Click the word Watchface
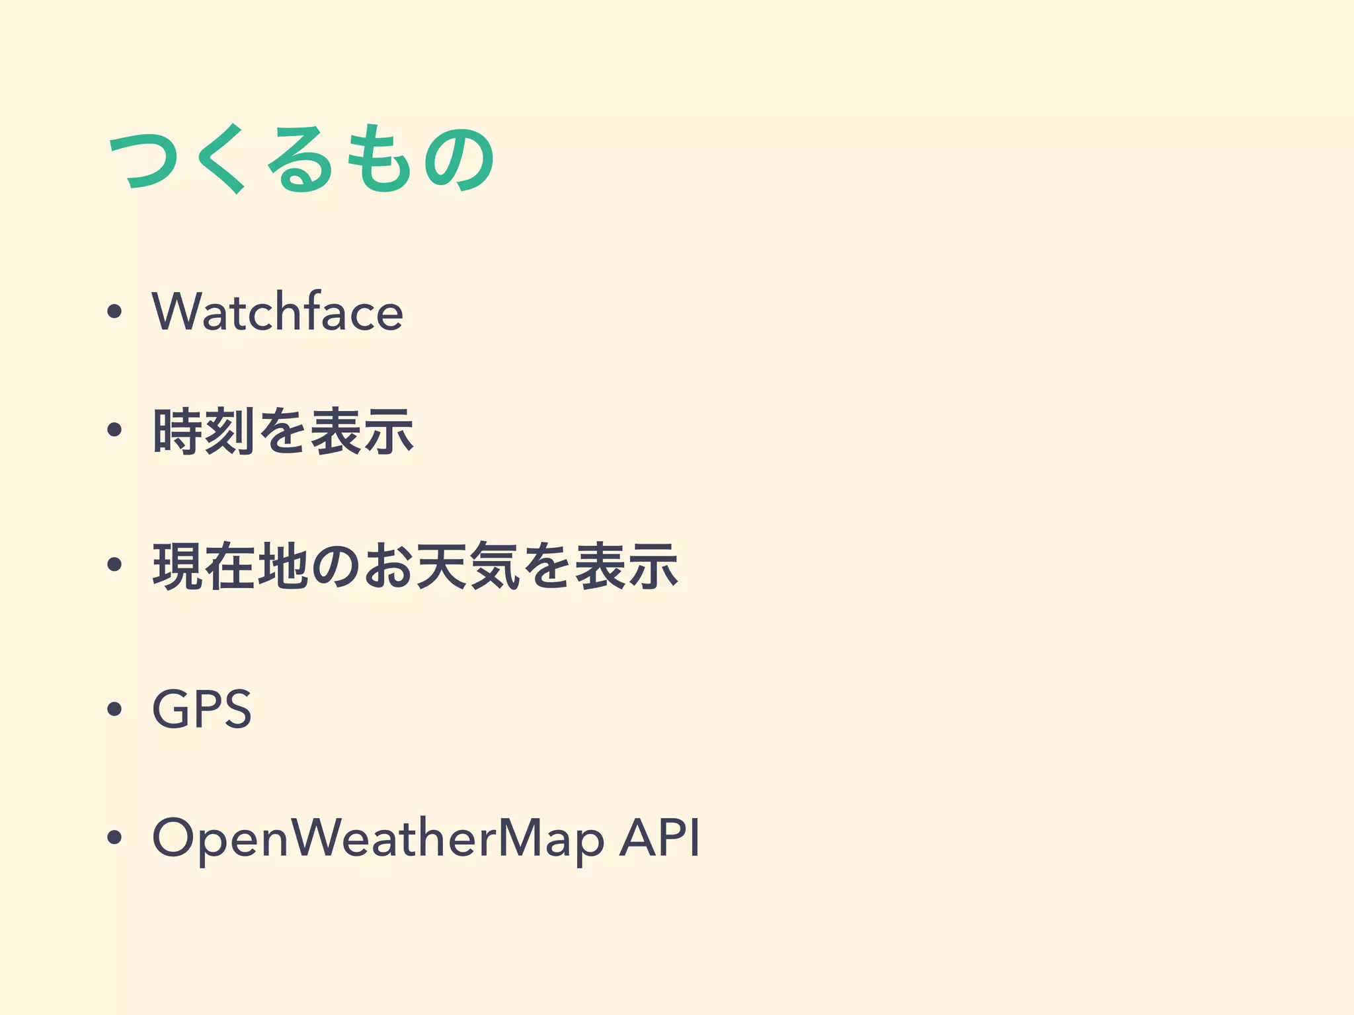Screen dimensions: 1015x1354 (277, 311)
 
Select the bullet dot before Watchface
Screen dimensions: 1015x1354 (114, 311)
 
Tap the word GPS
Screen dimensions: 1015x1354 (202, 708)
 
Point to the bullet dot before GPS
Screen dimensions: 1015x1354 (114, 709)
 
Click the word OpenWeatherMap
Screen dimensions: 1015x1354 (378, 838)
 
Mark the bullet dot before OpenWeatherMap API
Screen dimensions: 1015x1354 (114, 838)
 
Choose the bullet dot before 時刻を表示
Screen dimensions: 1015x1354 (114, 431)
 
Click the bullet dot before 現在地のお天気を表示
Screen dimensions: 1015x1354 (114, 565)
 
